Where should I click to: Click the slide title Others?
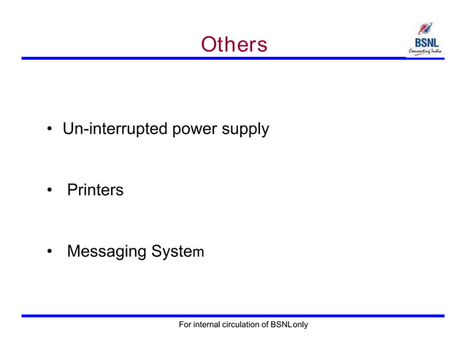tap(234, 45)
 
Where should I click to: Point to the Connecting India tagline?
tap(426, 53)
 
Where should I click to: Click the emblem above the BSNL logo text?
tap(425, 28)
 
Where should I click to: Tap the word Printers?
tap(95, 191)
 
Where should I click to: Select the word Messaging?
tap(107, 253)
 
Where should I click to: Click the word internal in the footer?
tap(211, 323)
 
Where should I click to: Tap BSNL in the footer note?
tap(281, 323)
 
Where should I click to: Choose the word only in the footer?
tap(300, 323)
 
